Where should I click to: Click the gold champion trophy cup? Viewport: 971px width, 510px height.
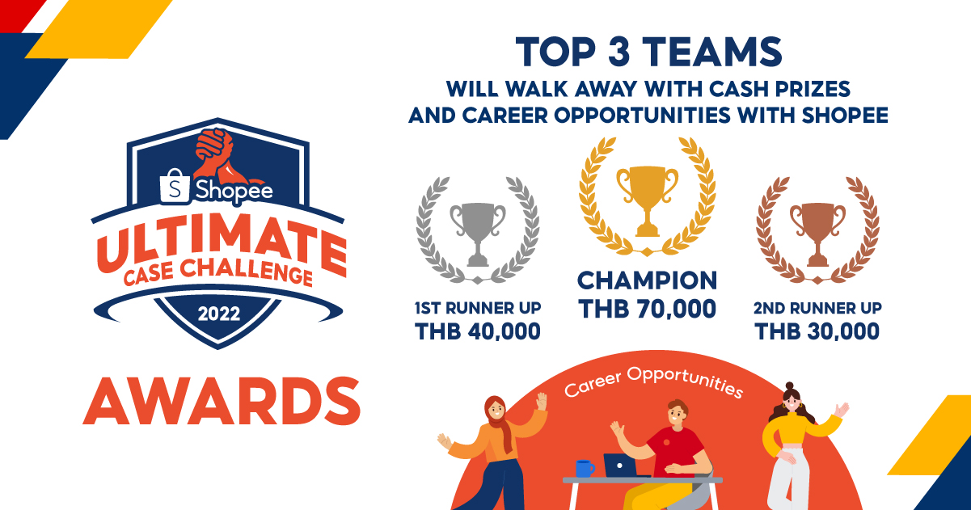pos(647,200)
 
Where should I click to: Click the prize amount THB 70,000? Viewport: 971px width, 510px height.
pos(647,309)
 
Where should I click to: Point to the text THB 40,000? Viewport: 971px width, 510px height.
pos(478,331)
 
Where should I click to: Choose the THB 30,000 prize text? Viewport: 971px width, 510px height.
pos(817,331)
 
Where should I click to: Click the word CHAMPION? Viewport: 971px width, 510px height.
pos(647,280)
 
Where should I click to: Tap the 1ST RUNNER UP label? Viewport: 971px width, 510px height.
pos(478,308)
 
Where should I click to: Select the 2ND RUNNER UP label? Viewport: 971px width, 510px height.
pos(817,308)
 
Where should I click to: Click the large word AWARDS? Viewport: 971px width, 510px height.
pos(222,401)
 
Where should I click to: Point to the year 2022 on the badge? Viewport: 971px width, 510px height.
pos(219,314)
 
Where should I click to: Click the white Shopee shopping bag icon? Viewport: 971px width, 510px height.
pos(175,187)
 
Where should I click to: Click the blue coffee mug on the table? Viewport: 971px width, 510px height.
pos(585,469)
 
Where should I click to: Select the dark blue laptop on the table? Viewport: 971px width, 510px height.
pos(622,465)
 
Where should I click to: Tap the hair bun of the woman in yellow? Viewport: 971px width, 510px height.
pos(789,386)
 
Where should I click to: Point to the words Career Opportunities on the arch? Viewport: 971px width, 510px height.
pos(653,381)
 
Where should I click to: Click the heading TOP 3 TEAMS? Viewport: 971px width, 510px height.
pos(649,52)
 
